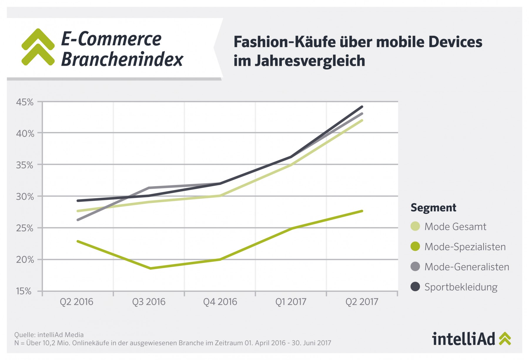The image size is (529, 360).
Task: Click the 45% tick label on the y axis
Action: (25, 102)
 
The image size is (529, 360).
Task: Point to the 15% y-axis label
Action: (24, 291)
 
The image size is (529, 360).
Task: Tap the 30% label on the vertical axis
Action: (25, 196)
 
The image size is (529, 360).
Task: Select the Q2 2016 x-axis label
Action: (76, 302)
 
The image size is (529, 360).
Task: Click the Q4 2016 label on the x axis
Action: (220, 302)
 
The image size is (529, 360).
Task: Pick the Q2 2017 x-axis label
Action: (362, 302)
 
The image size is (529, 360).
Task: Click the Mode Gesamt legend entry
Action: (455, 226)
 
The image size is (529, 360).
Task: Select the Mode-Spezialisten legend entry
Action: (465, 246)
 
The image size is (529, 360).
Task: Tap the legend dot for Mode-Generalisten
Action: (415, 267)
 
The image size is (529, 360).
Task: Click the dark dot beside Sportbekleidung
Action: (415, 287)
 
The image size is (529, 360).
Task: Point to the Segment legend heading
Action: (433, 208)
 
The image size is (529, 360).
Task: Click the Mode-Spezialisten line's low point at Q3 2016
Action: (150, 268)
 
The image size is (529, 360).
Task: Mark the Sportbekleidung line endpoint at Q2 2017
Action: (362, 107)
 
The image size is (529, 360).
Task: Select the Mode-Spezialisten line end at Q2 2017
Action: (362, 211)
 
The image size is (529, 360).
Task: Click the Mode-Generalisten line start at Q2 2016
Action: (78, 220)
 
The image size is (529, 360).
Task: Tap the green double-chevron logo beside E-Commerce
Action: (38, 47)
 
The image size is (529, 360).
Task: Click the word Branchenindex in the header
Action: (122, 59)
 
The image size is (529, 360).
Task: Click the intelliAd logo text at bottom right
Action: (463, 339)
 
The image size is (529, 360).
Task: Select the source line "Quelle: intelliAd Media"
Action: (49, 335)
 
